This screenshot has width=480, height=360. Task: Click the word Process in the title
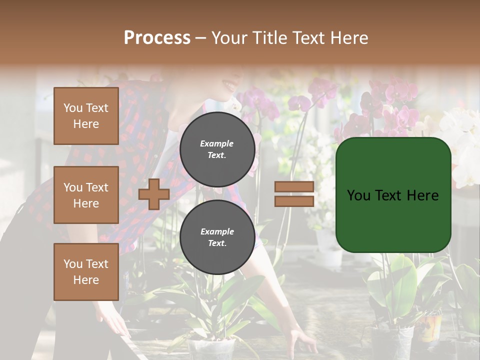coord(157,38)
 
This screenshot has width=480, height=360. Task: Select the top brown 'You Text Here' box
coord(86,116)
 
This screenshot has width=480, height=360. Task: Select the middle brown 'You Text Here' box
coord(86,195)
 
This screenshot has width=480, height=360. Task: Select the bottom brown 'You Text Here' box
coord(86,272)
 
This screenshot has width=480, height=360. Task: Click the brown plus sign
coord(153,194)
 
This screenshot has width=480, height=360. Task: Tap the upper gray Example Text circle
coord(217,149)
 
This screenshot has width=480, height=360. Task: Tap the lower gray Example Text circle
coord(217,237)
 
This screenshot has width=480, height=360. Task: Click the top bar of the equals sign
coord(294,187)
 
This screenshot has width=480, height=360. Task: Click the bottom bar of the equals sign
coord(294,201)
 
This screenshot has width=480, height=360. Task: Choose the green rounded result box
coord(393,195)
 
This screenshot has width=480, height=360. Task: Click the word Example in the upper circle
coord(217,143)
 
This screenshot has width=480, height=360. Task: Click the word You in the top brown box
coord(73,108)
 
